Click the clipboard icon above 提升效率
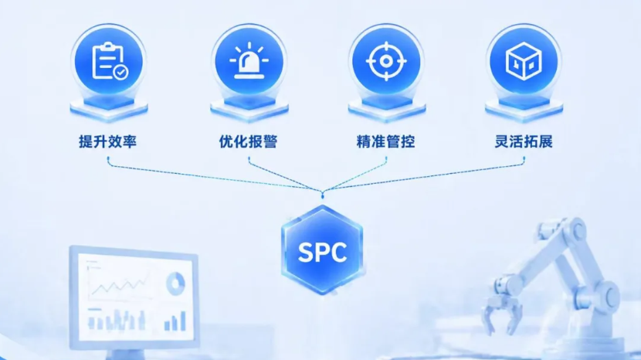(109, 61)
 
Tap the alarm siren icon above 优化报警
(249, 62)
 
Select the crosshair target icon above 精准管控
(386, 61)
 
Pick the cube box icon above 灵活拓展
(524, 62)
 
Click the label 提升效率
(108, 141)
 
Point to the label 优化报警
(248, 141)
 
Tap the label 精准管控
(386, 141)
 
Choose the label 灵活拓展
(524, 141)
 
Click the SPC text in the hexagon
(323, 252)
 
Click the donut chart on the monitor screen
(176, 284)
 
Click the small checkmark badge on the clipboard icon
(121, 73)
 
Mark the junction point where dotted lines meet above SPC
(323, 192)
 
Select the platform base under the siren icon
(249, 108)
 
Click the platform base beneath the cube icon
(524, 108)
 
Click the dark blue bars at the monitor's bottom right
(175, 321)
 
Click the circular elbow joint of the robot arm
(609, 295)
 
